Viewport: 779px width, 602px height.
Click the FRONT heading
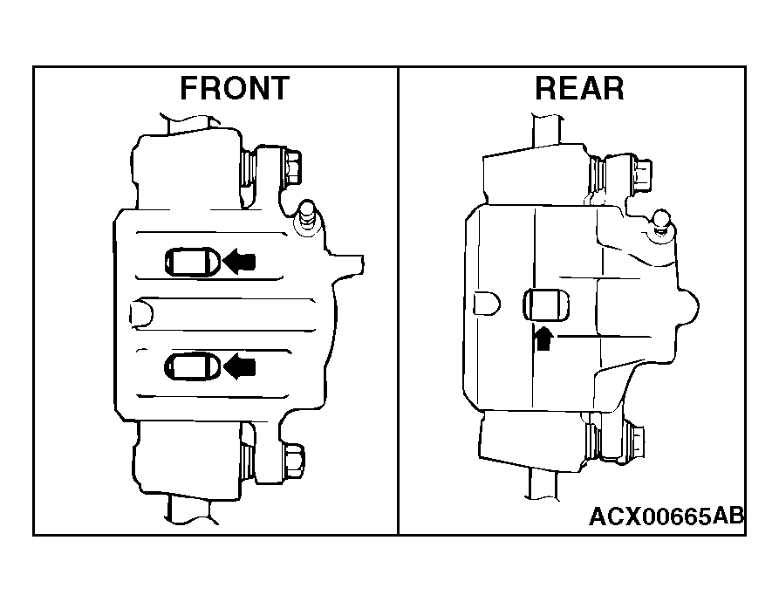click(235, 88)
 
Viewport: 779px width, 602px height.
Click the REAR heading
click(579, 88)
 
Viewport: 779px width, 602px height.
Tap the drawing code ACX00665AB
click(666, 516)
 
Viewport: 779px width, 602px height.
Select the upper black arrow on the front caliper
click(239, 261)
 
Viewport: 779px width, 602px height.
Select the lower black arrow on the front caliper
click(239, 367)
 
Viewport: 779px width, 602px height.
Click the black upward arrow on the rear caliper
click(543, 339)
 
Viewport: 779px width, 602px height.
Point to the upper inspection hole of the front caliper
click(193, 262)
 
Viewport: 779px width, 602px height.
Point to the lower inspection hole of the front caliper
click(193, 367)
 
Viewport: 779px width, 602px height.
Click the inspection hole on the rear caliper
click(546, 304)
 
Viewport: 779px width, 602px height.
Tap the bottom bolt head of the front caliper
click(294, 461)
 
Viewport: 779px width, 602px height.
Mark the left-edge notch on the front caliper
click(142, 313)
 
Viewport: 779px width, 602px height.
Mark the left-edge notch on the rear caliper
click(487, 304)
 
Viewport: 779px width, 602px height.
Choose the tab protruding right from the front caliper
click(348, 263)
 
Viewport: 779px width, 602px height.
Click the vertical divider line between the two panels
click(398, 300)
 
